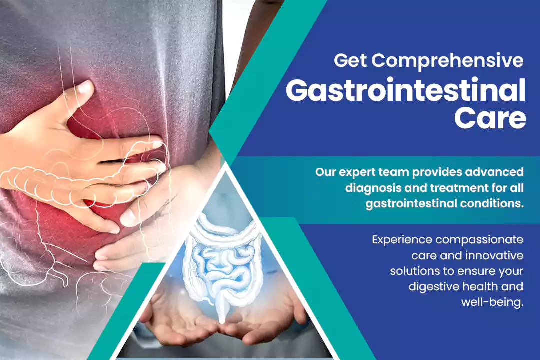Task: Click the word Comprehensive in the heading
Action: coord(447,61)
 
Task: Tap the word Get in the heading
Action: coord(350,60)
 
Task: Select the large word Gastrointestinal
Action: coord(405,90)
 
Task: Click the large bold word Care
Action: coord(490,118)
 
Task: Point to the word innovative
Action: coord(495,255)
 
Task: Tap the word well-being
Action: coord(492,302)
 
